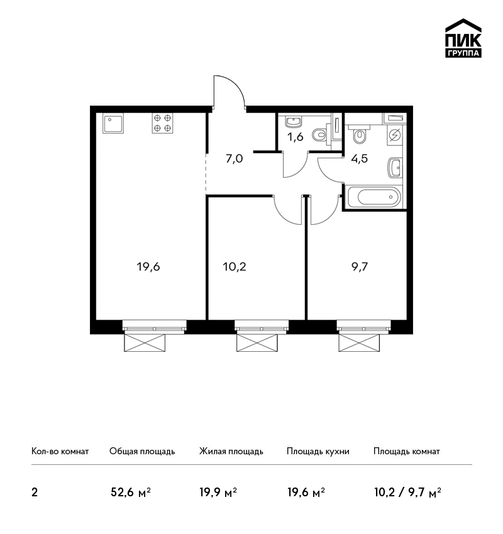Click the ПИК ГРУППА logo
point(463,38)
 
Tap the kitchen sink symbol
point(113,123)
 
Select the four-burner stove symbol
point(162,123)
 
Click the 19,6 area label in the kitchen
point(148,266)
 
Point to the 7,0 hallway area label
point(234,158)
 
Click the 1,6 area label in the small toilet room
point(295,137)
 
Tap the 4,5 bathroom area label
point(360,158)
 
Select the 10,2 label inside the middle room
point(235,266)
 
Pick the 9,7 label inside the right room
point(360,266)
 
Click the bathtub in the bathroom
point(374,197)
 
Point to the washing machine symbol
point(395,135)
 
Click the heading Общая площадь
point(142,452)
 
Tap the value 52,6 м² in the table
point(131,493)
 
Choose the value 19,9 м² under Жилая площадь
point(218,493)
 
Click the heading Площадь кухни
point(318,452)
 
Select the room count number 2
point(35,493)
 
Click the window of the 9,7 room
point(364,326)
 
